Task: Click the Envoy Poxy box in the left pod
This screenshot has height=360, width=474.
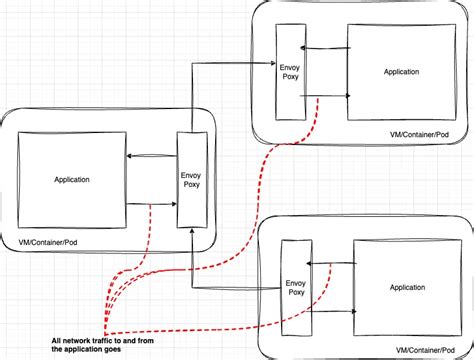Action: [x=190, y=179]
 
